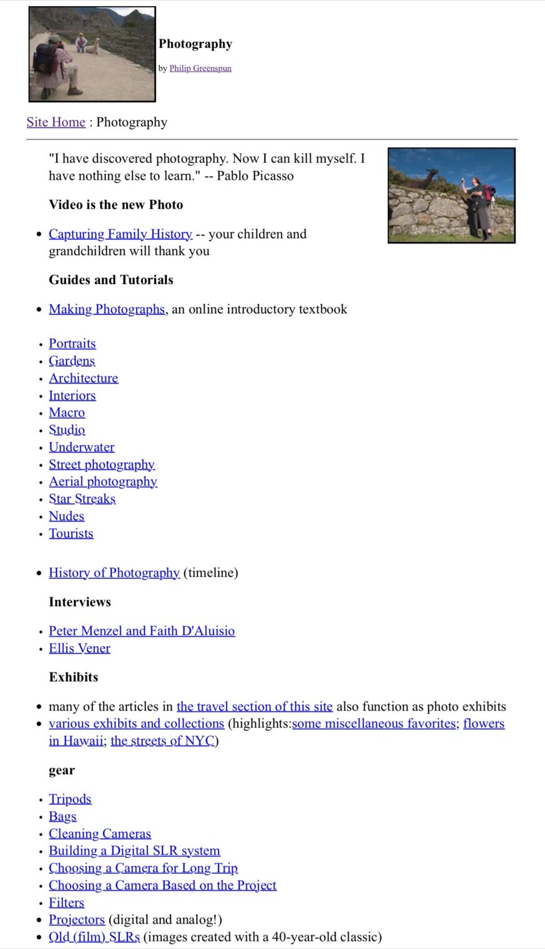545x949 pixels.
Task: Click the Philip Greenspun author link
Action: coord(200,68)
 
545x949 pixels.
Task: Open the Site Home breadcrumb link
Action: coord(56,122)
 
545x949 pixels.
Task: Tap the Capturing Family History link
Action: coord(120,234)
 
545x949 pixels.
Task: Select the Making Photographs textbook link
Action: coord(107,309)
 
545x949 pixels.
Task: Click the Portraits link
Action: coord(72,343)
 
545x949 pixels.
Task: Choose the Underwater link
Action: coord(82,447)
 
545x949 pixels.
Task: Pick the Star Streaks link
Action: coord(82,499)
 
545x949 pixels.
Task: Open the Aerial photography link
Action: coord(103,481)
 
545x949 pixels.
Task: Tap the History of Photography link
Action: coord(114,573)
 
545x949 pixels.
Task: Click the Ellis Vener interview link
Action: coord(79,648)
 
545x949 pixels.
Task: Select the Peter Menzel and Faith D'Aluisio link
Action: coord(142,631)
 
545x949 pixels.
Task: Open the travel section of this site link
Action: coord(254,706)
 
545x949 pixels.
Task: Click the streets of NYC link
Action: coord(162,741)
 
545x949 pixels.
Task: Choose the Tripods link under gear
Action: coord(70,799)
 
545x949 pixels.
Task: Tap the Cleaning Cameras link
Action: coord(100,833)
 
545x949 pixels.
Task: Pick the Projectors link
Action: coord(77,920)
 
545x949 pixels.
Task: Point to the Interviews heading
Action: coord(80,602)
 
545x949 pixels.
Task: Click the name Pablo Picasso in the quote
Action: coord(255,176)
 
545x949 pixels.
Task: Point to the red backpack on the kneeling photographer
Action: coord(44,58)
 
